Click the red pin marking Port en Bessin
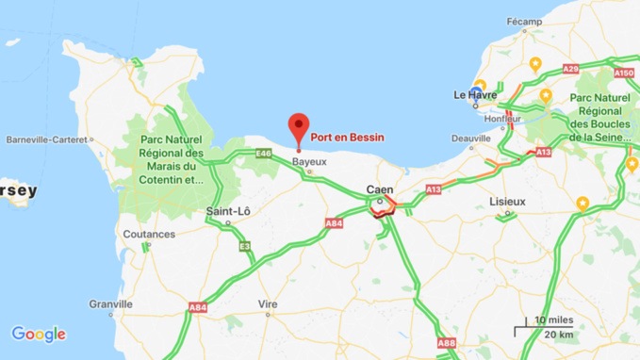299,127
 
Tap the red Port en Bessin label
348,138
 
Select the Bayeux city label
309,161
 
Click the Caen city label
380,189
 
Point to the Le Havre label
475,94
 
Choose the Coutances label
149,234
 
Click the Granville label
111,303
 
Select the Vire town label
268,304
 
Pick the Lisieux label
507,202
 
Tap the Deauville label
471,138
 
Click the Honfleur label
502,119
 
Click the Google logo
39,335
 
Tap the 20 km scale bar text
559,335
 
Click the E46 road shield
263,154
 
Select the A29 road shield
570,69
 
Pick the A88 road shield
447,344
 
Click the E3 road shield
245,247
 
